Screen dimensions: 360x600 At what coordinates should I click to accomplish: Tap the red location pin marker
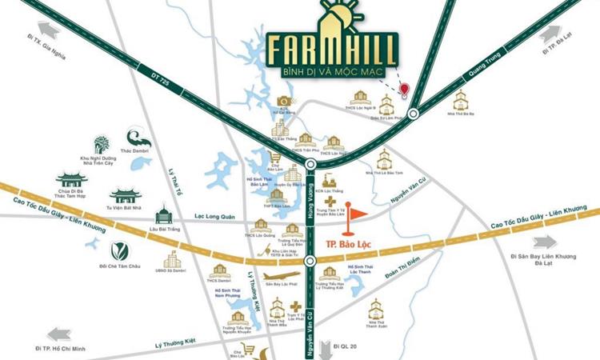click(405, 89)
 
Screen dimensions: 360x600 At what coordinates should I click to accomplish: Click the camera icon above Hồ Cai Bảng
click(282, 100)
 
